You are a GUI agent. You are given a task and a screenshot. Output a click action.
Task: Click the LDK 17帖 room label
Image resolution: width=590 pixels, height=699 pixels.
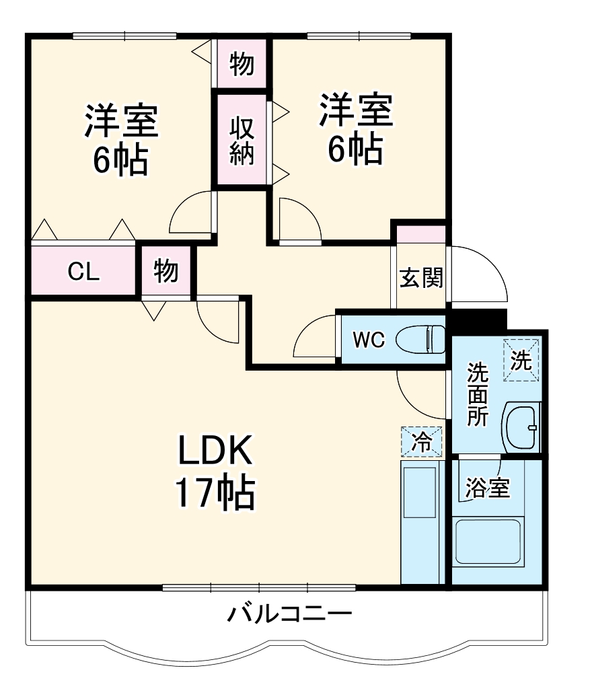click(215, 472)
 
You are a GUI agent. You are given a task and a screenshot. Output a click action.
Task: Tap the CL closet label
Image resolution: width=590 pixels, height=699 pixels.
click(84, 272)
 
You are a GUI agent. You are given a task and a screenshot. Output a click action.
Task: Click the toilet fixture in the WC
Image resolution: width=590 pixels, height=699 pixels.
click(421, 339)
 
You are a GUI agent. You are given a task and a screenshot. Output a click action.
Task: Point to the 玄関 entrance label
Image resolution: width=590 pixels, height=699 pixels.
click(421, 278)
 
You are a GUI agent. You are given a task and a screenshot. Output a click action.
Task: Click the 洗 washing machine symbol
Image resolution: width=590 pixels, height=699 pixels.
click(521, 361)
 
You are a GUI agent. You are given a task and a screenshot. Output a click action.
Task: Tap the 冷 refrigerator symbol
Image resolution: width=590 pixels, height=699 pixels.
click(422, 442)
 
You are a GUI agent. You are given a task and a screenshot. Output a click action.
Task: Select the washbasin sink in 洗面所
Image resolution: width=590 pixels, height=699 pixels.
click(522, 428)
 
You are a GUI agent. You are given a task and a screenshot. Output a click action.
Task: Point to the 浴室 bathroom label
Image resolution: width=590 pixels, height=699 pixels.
click(488, 488)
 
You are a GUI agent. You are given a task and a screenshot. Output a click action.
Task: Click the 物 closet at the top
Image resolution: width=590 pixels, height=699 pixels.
click(242, 64)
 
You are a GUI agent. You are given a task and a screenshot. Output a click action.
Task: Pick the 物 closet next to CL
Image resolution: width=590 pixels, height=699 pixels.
click(165, 271)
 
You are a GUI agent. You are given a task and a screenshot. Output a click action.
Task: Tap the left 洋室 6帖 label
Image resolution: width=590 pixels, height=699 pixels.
click(120, 139)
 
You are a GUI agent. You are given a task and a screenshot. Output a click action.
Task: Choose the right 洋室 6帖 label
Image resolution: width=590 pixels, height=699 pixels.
click(355, 129)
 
